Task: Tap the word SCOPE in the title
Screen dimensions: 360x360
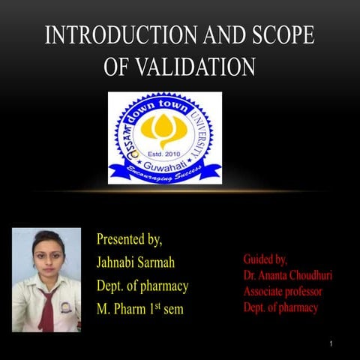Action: coord(280,37)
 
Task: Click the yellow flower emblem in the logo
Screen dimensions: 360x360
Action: coord(164,130)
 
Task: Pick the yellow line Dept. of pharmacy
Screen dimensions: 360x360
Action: coord(142,286)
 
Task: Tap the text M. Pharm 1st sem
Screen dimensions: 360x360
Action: coord(139,308)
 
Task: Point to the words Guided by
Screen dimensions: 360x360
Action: coord(265,259)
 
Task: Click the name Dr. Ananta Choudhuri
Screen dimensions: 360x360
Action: coord(287,275)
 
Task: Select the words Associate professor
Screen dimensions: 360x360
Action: coord(283,291)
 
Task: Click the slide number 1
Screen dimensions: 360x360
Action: coord(330,343)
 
